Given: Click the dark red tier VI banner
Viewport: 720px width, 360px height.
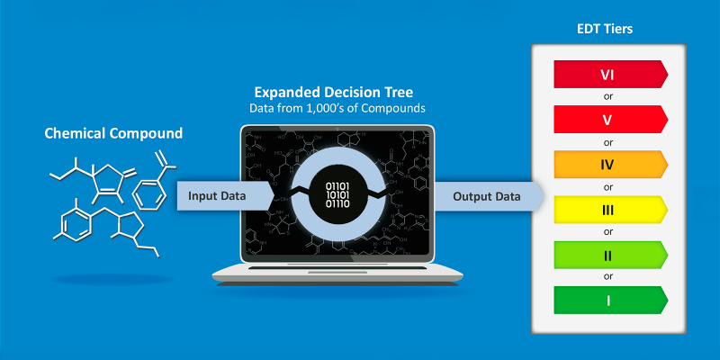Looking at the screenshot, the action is (611, 74).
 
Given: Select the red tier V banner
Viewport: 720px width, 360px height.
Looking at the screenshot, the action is (611, 120).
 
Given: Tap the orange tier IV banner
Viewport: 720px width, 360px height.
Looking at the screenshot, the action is (611, 165).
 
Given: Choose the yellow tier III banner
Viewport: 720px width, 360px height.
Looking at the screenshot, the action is (611, 210).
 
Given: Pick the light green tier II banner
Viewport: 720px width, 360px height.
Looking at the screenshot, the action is (611, 255).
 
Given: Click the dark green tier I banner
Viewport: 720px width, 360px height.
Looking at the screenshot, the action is (611, 301).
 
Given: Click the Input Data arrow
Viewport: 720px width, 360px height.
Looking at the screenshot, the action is (226, 196).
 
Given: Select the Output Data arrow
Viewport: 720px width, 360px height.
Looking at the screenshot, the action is (489, 196).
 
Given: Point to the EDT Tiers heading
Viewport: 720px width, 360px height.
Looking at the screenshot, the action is (605, 29).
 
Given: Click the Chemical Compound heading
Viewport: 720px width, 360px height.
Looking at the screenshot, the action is (113, 133).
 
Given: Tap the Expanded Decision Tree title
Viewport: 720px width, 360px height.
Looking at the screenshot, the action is (334, 93).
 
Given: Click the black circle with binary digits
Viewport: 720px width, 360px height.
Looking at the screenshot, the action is (337, 194).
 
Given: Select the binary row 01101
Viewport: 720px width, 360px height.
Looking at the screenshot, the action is (337, 186).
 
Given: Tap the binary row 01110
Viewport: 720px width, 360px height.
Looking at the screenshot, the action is (337, 203).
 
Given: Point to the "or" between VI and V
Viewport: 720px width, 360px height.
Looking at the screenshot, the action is (608, 97).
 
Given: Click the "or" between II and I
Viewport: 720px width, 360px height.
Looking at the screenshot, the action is (608, 277).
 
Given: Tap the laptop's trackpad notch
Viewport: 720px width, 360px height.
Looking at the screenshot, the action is (337, 273).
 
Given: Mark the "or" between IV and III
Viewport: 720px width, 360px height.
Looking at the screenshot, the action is (608, 187).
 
